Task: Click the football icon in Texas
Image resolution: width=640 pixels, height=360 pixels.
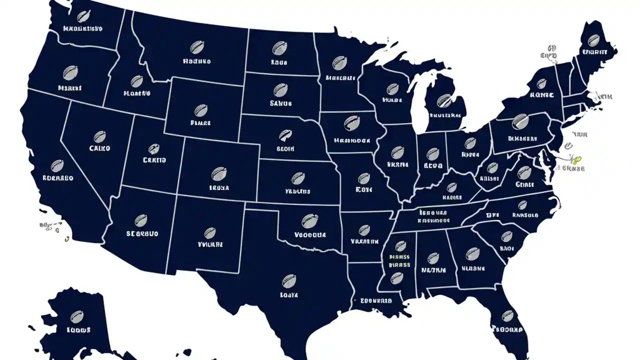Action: pyautogui.click(x=289, y=281)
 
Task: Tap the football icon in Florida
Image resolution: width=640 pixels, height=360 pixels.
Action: pyautogui.click(x=508, y=315)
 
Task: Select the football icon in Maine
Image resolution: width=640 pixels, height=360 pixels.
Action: pyautogui.click(x=593, y=40)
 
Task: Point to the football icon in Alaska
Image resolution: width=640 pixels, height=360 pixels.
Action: pyautogui.click(x=76, y=316)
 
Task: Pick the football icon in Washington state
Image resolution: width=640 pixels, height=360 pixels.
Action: pyautogui.click(x=83, y=16)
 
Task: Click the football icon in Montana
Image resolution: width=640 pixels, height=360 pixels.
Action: pyautogui.click(x=196, y=47)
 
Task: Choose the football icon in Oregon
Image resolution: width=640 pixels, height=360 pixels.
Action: pyautogui.click(x=70, y=73)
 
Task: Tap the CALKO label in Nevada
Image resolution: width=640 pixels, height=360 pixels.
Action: pyautogui.click(x=99, y=148)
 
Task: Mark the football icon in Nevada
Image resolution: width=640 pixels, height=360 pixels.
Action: pyautogui.click(x=99, y=136)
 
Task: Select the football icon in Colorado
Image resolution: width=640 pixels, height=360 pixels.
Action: pyautogui.click(x=218, y=174)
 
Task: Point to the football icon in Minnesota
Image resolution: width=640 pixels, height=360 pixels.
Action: pyautogui.click(x=340, y=63)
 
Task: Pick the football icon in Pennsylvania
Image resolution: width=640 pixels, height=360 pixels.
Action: pyautogui.click(x=520, y=121)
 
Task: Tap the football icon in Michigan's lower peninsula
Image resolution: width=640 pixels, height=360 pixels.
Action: pyautogui.click(x=443, y=101)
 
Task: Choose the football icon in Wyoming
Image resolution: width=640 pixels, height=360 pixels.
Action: pyautogui.click(x=200, y=110)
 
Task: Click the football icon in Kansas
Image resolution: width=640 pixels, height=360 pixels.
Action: pyautogui.click(x=297, y=178)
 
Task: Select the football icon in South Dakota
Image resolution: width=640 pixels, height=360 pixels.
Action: pyautogui.click(x=280, y=90)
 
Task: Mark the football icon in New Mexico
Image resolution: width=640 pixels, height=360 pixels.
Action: pyautogui.click(x=210, y=232)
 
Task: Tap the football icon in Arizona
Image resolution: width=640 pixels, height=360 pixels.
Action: pyautogui.click(x=141, y=220)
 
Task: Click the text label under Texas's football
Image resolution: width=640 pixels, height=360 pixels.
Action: pyautogui.click(x=289, y=295)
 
